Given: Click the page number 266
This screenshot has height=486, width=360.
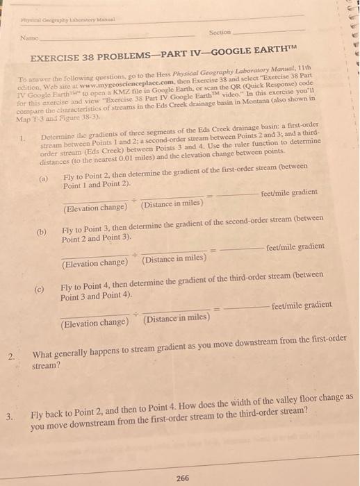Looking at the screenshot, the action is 183,478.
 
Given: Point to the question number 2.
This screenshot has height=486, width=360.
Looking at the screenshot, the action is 10,357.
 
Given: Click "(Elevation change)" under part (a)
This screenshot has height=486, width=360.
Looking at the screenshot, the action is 95,208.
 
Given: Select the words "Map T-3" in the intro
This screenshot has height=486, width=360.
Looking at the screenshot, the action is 28,119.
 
